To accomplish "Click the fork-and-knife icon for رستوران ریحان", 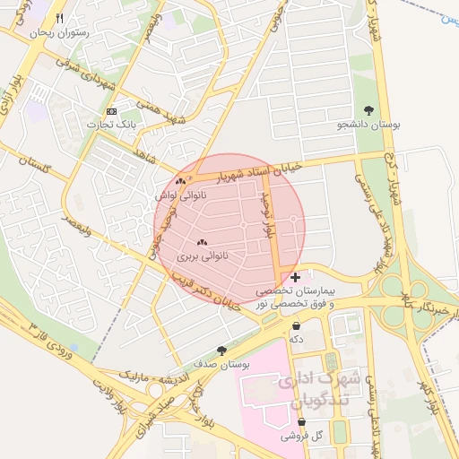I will click(x=60, y=18).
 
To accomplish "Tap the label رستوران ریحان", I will click(x=61, y=32).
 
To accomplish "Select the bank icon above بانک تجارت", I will click(x=111, y=111).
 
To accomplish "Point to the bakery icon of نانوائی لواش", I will click(x=180, y=181).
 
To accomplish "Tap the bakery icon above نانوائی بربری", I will click(x=201, y=242).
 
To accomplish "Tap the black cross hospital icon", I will click(x=296, y=278).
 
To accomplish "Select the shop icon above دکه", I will click(x=296, y=325).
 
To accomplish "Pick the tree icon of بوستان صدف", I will click(x=221, y=351).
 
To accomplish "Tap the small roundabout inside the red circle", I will click(x=293, y=220).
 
